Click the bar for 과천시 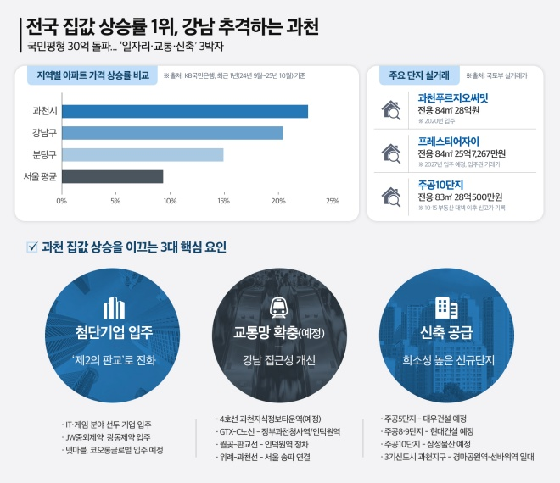[184, 111]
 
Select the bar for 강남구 [171, 133]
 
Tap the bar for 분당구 [142, 154]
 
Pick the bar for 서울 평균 [112, 176]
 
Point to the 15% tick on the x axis [223, 201]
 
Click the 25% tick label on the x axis [332, 201]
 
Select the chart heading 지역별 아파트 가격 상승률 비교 [92, 75]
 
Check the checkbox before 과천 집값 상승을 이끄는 [32, 247]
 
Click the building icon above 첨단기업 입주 [113, 307]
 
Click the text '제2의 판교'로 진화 [113, 358]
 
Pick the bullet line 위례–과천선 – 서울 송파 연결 [268, 458]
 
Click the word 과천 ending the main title [300, 26]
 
